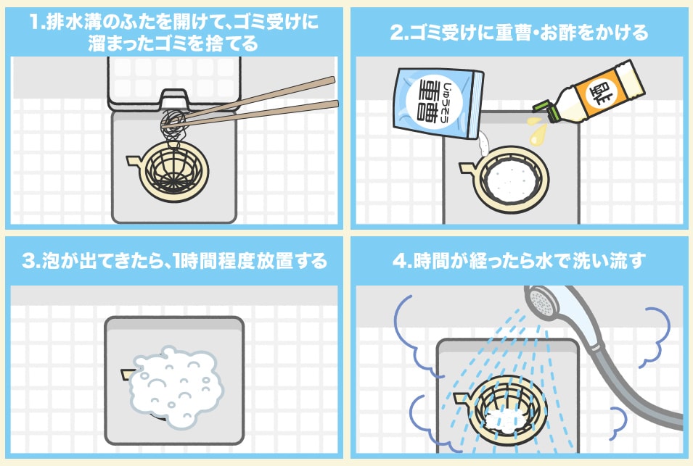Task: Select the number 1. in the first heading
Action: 37,23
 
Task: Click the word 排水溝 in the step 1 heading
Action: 78,23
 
